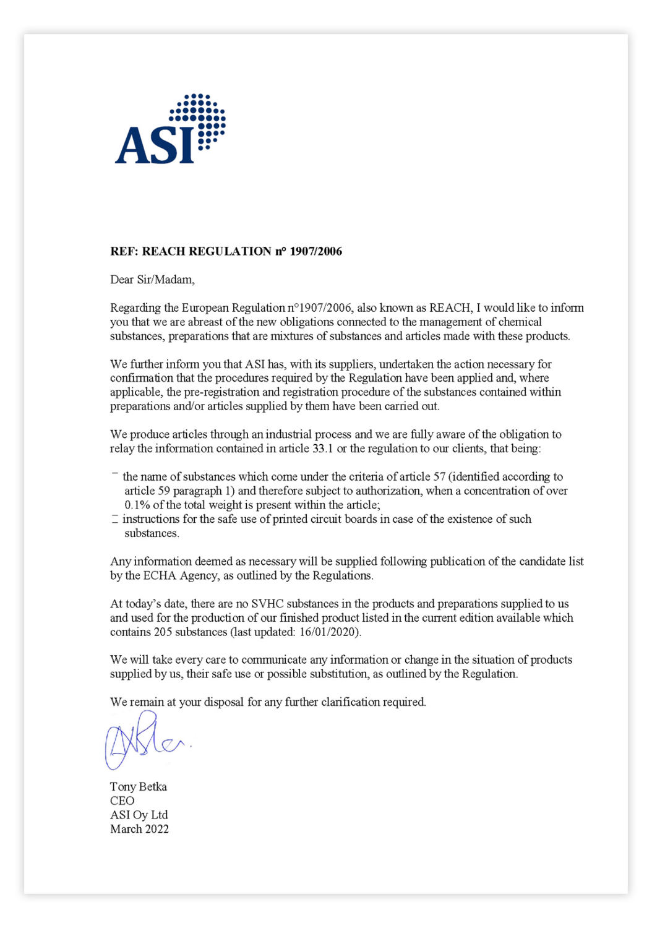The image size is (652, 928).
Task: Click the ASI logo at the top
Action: (169, 130)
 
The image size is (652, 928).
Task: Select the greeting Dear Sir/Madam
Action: (152, 280)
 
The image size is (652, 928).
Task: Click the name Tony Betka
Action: (139, 787)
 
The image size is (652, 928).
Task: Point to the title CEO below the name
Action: (122, 801)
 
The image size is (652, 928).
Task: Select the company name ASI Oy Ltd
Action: (139, 815)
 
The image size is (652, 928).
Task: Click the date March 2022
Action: (139, 830)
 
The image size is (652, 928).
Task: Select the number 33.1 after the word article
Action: (322, 449)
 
